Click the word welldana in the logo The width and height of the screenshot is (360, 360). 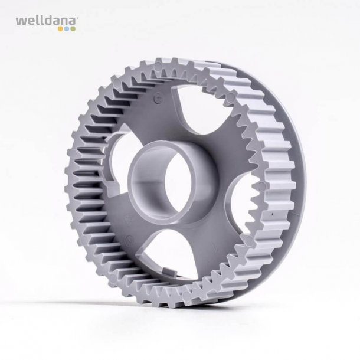point(45,21)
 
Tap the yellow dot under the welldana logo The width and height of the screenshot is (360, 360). point(60,29)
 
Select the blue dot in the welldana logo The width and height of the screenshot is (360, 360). point(67,29)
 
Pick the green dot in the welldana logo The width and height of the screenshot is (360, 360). point(73,29)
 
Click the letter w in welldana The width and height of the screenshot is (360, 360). point(20,22)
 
